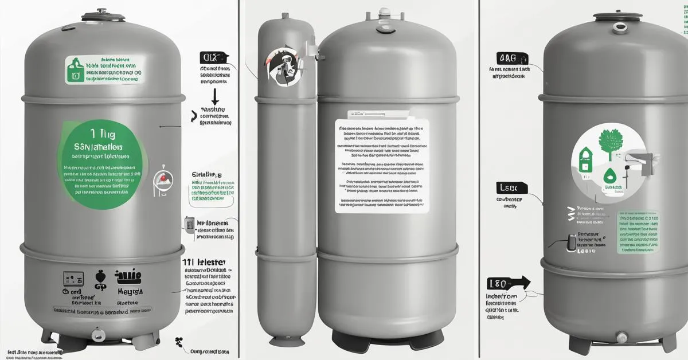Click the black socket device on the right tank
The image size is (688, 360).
click(x=570, y=242)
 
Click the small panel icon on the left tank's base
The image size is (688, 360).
click(x=70, y=278)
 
